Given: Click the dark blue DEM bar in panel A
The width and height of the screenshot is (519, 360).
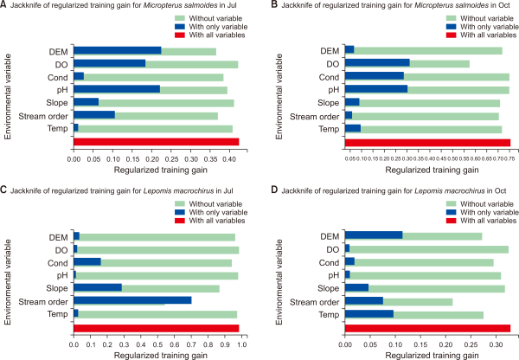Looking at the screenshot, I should click(118, 51).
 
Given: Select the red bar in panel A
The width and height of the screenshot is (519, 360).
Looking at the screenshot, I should click(156, 142).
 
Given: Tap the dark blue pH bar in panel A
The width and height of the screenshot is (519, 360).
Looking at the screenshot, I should click(117, 89).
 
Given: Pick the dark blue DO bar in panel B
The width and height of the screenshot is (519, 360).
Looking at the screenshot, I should click(376, 63).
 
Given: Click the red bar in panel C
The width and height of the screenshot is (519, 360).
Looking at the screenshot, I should click(156, 327).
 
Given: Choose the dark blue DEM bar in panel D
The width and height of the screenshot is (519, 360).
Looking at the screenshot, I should click(374, 236).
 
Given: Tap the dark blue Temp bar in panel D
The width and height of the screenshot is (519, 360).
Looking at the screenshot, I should click(369, 314).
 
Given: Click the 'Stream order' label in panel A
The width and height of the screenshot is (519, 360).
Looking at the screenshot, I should click(47, 115).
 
